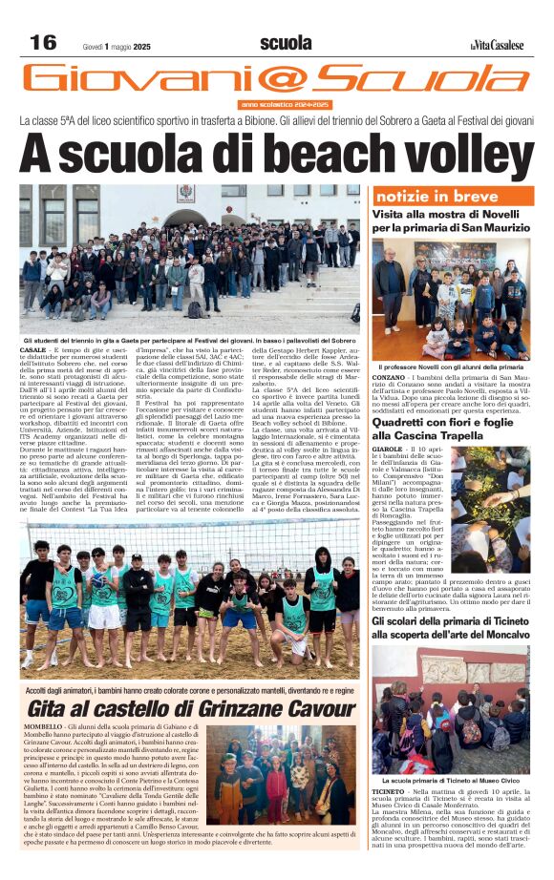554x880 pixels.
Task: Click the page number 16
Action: (43, 43)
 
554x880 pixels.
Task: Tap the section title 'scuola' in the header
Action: (286, 43)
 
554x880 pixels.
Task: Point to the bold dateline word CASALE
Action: (32, 352)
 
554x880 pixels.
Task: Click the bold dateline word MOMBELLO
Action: (39, 727)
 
